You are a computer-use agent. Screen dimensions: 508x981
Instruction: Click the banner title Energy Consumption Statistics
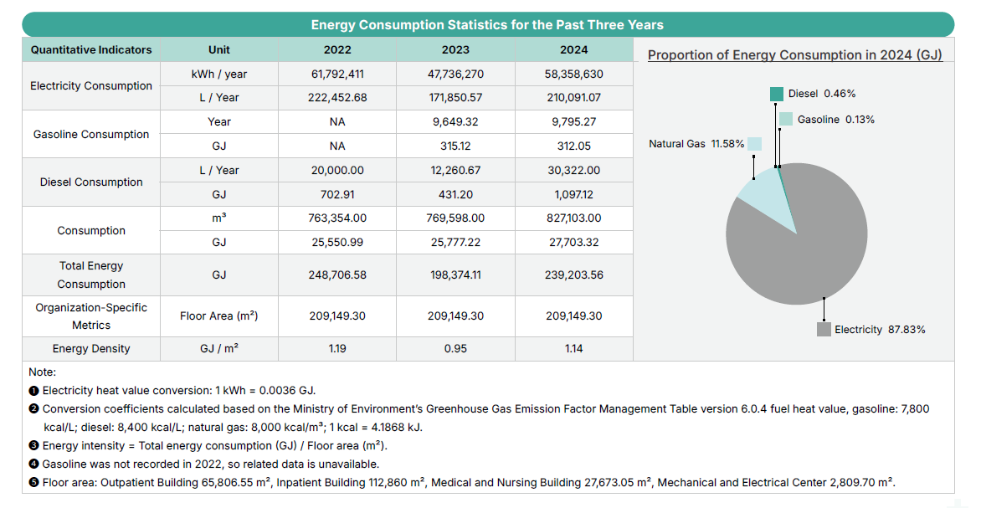487,24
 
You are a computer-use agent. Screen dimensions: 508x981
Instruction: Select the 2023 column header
455,49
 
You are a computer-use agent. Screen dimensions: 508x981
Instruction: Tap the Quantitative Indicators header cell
91,49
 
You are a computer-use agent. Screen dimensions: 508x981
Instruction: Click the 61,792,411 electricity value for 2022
337,74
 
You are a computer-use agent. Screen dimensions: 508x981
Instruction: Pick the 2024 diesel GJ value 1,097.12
573,194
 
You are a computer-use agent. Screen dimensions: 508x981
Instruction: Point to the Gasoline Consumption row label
91,134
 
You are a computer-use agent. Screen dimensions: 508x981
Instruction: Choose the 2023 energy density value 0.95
455,348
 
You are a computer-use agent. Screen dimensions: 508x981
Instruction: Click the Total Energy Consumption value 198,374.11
455,275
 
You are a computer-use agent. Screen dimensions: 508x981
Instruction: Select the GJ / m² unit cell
219,348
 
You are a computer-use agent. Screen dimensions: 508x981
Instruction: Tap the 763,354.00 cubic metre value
337,218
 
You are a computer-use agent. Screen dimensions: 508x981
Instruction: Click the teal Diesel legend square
777,95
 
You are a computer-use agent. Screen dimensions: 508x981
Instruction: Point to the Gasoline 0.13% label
835,120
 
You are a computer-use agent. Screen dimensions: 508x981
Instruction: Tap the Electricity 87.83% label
880,330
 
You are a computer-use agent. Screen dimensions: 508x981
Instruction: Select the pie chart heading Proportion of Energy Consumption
795,55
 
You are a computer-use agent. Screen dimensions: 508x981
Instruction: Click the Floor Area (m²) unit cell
219,316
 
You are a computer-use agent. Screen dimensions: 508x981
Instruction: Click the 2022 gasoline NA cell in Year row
337,121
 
